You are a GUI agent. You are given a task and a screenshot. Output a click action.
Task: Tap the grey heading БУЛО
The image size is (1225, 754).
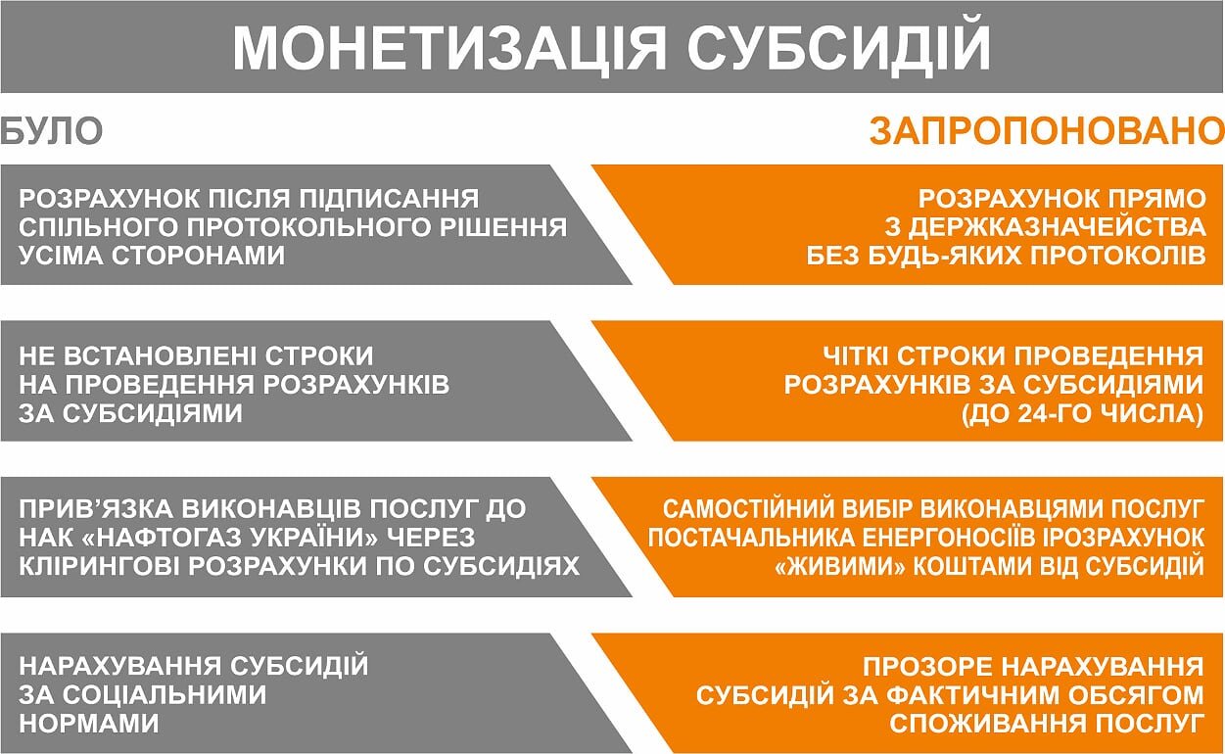pos(52,131)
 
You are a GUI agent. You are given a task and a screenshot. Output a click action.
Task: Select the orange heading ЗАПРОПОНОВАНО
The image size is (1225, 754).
pos(1047,132)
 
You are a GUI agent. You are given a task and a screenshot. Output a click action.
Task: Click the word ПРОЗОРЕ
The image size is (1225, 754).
pos(928,667)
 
